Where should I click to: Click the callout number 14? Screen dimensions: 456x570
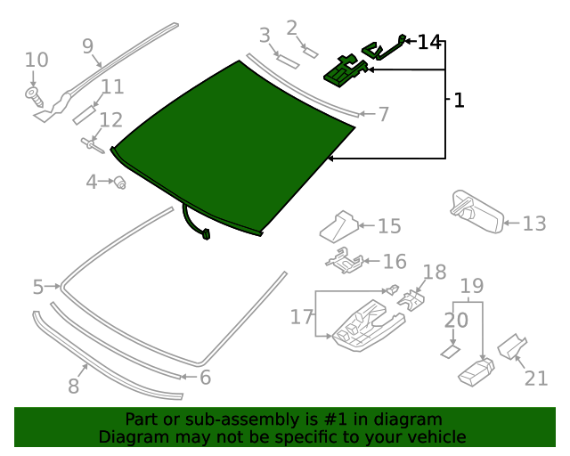tap(428, 42)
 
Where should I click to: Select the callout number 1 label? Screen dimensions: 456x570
tap(459, 101)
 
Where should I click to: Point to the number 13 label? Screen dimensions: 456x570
tap(533, 223)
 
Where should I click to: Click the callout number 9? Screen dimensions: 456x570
tap(87, 45)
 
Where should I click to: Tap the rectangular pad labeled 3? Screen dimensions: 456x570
tap(288, 61)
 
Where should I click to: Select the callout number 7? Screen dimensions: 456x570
tap(383, 115)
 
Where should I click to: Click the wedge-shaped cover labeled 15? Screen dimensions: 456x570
tap(339, 226)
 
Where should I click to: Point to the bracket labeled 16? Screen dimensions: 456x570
tap(345, 262)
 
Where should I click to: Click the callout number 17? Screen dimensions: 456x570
tap(302, 317)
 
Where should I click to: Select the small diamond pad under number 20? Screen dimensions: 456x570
tap(450, 352)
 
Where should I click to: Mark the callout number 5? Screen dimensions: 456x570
tap(37, 287)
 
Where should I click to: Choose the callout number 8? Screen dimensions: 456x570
tap(73, 386)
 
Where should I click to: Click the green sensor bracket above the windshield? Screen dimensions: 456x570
tap(346, 70)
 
